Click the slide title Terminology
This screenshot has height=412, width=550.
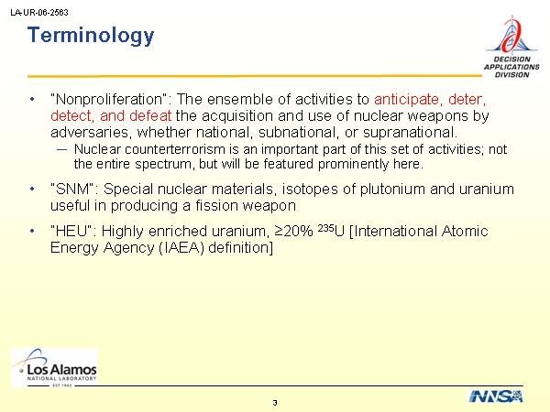tap(91, 36)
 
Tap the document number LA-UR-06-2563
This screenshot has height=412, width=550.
tap(39, 13)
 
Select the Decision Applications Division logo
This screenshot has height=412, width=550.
tap(511, 47)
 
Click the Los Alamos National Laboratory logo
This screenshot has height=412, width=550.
tap(54, 367)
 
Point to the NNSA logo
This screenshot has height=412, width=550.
tap(496, 396)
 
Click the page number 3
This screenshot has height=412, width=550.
tap(275, 403)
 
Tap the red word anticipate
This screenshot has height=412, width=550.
tap(406, 100)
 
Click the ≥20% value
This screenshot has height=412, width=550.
tap(294, 232)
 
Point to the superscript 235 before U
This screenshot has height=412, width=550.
tap(325, 228)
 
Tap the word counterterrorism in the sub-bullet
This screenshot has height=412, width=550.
tap(175, 149)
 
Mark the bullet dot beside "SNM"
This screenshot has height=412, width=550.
tap(32, 190)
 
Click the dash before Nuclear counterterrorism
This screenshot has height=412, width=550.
tap(61, 149)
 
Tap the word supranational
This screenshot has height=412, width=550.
tap(411, 133)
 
